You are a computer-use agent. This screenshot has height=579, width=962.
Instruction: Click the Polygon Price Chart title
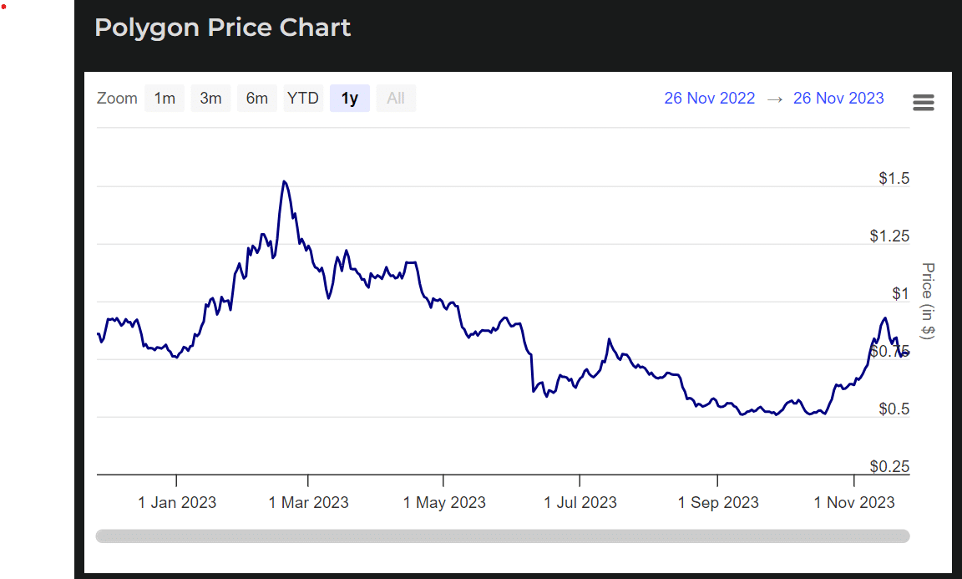tap(222, 28)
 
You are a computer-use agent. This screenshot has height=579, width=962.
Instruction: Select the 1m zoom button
tap(165, 99)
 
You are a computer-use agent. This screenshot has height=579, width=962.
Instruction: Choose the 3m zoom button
tap(210, 99)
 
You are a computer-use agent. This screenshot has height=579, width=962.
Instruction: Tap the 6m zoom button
tap(256, 99)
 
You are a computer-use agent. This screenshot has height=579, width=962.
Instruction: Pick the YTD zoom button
tap(302, 99)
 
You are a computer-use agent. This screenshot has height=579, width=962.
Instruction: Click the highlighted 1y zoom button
tap(349, 99)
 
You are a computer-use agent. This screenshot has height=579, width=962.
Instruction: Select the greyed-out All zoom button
tap(396, 99)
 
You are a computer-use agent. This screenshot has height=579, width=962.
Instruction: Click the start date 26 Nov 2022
tap(709, 99)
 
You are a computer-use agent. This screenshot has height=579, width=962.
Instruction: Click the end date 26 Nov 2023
tap(838, 99)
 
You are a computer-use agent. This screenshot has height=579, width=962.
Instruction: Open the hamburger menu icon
tap(924, 103)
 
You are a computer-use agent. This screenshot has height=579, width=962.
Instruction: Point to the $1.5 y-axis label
tap(894, 179)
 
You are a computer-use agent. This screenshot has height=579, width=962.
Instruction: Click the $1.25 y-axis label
tap(889, 236)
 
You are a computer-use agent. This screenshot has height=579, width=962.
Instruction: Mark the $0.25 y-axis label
tap(889, 466)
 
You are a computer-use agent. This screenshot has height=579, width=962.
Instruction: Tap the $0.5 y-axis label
tap(894, 409)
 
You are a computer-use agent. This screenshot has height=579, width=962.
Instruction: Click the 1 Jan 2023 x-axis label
tap(177, 502)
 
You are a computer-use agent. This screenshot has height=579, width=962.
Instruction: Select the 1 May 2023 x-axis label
tap(444, 502)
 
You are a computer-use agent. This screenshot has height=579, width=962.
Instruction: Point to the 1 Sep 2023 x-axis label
tap(718, 502)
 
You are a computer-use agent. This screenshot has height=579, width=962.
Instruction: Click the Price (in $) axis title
tap(927, 301)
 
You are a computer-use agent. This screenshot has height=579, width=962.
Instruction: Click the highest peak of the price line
tap(285, 181)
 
